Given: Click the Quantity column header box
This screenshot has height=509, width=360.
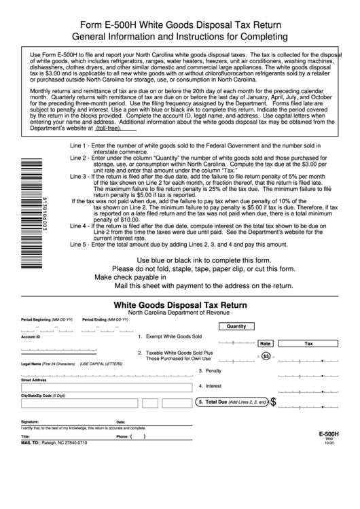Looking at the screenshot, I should click(236, 326).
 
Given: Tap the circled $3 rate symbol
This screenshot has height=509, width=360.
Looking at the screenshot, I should click(266, 356).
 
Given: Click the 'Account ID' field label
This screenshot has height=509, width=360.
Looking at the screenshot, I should click(31, 337).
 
